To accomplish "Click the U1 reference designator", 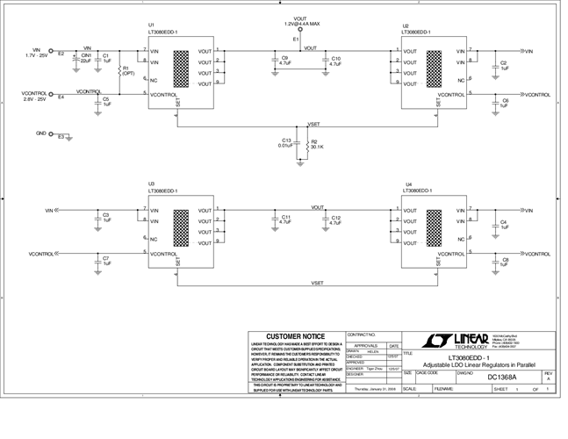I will [x=151, y=24].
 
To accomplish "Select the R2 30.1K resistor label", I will [x=317, y=144].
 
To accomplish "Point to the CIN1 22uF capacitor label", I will [x=85, y=59].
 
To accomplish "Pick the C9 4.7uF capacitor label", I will [x=284, y=61].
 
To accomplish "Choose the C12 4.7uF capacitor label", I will [x=335, y=220].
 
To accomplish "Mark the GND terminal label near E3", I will [x=40, y=133].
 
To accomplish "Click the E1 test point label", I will [x=296, y=40].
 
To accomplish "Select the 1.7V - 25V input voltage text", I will [x=36, y=56].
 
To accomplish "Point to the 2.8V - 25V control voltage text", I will [x=34, y=99].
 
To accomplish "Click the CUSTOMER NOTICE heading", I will [x=297, y=336].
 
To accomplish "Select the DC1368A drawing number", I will [x=504, y=378].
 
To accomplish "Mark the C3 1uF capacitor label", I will [x=105, y=217].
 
